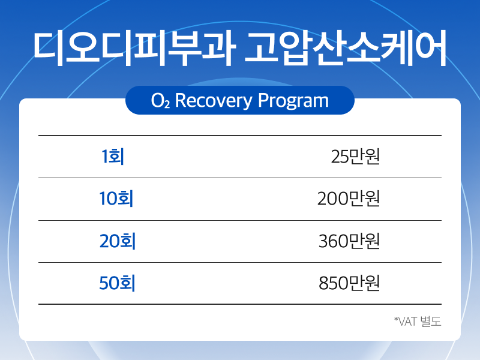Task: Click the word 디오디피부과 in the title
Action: click(134, 48)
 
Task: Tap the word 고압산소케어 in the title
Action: click(346, 48)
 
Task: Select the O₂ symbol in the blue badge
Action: click(160, 100)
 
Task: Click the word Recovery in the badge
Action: click(214, 100)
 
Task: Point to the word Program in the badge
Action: click(293, 100)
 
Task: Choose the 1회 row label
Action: click(113, 156)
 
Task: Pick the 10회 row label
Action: click(116, 199)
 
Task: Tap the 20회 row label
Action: click(118, 241)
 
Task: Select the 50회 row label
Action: click(117, 283)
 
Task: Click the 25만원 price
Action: click(355, 157)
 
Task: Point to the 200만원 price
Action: click(349, 199)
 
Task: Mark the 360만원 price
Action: click(349, 241)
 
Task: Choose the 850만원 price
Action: click(349, 283)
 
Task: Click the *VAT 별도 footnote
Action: click(418, 322)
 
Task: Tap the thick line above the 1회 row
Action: click(240, 136)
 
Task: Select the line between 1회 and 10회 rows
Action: click(240, 178)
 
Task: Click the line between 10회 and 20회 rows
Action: click(240, 220)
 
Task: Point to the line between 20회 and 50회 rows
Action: click(240, 262)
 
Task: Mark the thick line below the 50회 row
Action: click(240, 304)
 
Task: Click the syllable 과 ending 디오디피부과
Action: click(219, 49)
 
